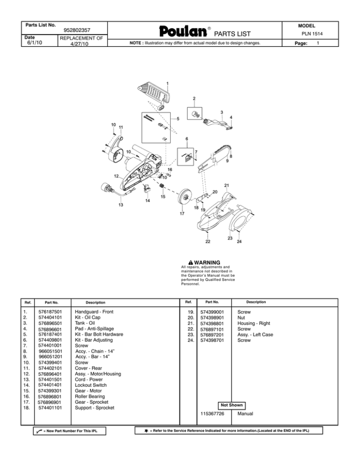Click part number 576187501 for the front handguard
[51, 311]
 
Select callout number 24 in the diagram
[239, 242]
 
